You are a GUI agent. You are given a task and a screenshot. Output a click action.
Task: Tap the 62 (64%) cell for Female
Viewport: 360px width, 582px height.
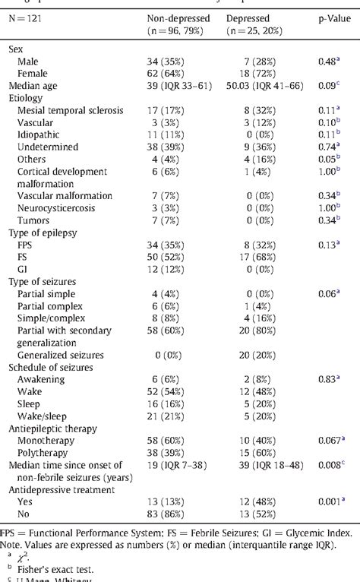[169, 73]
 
